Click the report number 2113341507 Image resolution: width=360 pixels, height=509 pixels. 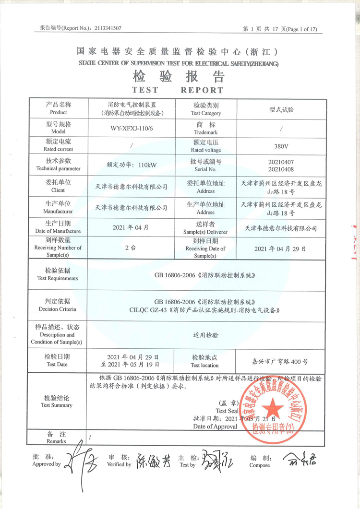(108, 28)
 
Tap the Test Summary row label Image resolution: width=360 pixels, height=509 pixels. (57, 401)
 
